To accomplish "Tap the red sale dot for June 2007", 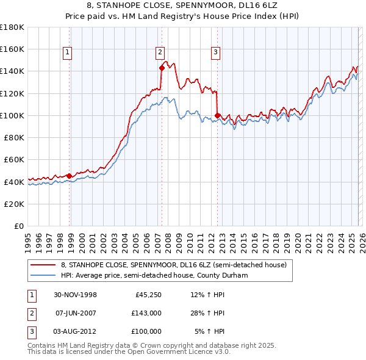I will click(162, 68).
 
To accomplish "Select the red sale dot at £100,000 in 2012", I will click(217, 115).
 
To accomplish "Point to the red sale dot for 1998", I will click(69, 176).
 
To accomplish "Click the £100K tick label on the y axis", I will click(13, 115).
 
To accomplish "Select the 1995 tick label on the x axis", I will click(28, 237).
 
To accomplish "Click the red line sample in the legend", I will click(43, 265).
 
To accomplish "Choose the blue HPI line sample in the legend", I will click(43, 275).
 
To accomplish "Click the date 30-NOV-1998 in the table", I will click(76, 295).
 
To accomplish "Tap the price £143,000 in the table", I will click(146, 314).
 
